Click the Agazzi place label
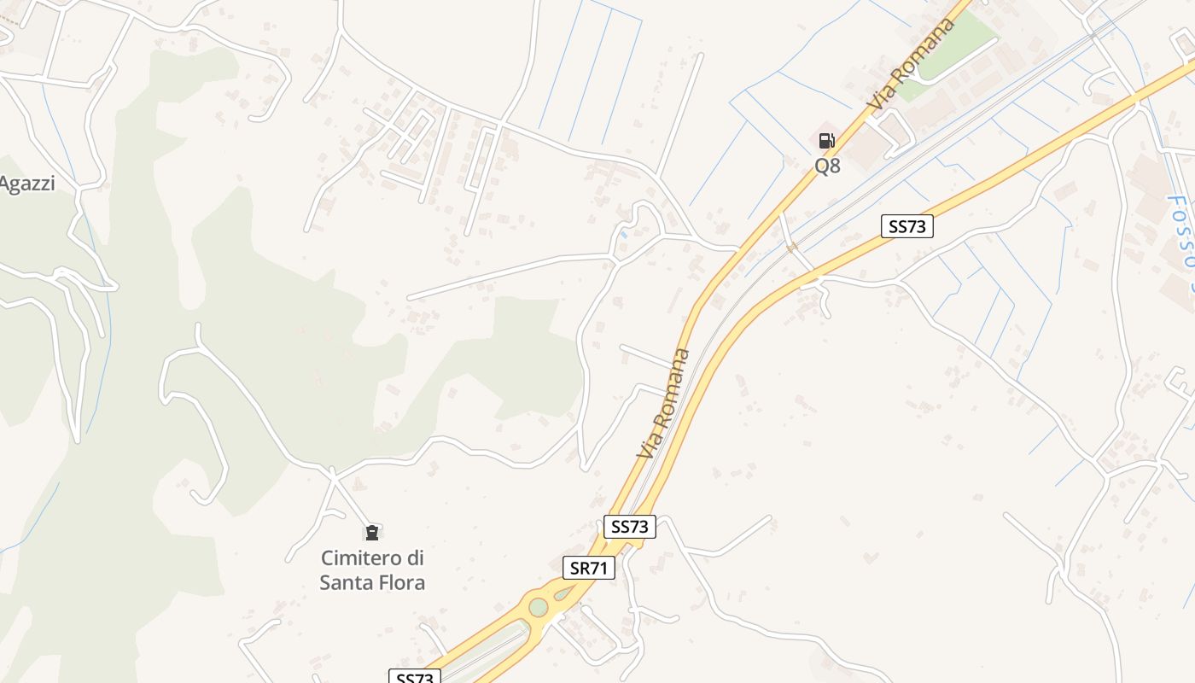[26, 184]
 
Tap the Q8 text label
[827, 166]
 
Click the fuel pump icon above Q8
[826, 141]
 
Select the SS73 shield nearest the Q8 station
[907, 226]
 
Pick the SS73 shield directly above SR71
[630, 527]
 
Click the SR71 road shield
[589, 568]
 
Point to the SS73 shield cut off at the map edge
[415, 677]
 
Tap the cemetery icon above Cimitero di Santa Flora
[371, 533]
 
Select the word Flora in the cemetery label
[399, 583]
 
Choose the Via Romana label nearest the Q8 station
[912, 63]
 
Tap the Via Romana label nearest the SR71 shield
[663, 403]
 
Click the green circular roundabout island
[538, 607]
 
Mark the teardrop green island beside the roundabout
[563, 593]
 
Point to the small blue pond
[624, 233]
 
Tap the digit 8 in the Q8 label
[834, 166]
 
